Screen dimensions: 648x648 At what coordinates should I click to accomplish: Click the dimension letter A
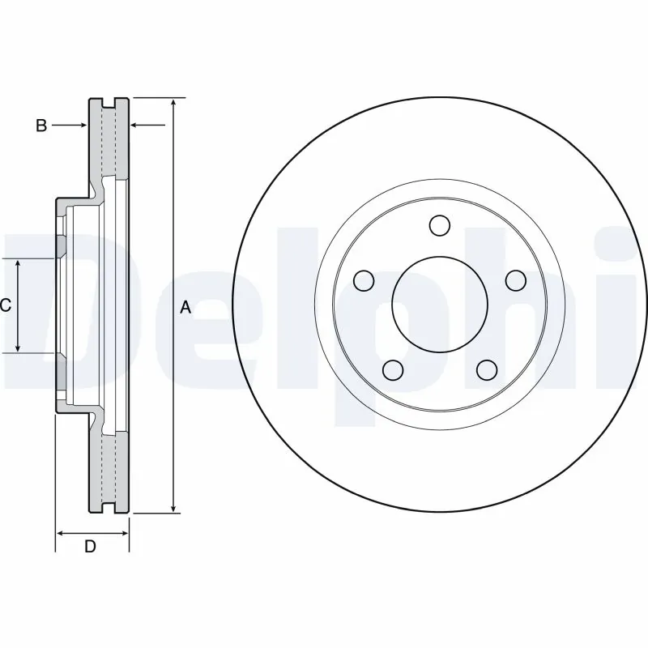[185, 307]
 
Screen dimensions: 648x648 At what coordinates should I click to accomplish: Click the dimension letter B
[40, 126]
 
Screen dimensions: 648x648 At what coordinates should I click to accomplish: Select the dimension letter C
[6, 305]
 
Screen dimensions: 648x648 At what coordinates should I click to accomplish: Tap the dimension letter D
[91, 547]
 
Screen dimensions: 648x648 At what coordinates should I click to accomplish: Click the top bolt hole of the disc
[440, 224]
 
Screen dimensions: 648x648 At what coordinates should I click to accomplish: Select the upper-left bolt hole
[365, 280]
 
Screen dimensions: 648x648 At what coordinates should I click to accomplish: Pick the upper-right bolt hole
[514, 280]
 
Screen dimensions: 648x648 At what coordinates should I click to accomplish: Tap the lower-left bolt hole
[393, 370]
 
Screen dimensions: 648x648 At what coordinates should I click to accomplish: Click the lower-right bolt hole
[486, 370]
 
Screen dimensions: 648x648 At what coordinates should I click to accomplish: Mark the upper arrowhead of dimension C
[19, 264]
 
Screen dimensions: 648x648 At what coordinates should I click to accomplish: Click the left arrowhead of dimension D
[61, 533]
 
